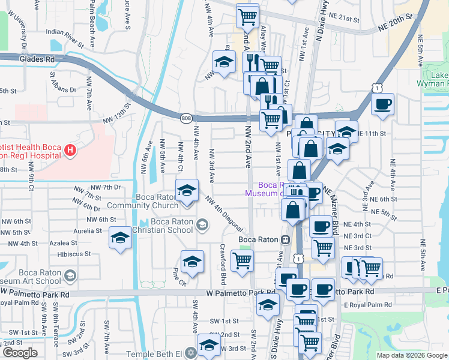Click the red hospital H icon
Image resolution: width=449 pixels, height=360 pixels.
pos(70,149)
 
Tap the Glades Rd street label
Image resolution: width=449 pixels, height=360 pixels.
pos(37,59)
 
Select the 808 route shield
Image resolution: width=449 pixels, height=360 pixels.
pos(186,119)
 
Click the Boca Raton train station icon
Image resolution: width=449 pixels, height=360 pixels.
pos(286,239)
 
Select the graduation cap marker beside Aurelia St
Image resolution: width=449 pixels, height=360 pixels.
pos(120,238)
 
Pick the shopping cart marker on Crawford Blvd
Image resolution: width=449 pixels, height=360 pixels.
pos(242,261)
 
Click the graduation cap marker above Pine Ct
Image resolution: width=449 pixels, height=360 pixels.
pos(192,261)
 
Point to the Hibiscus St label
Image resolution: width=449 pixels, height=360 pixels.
pos(76,254)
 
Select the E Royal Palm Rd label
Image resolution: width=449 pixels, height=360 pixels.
pos(367,305)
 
